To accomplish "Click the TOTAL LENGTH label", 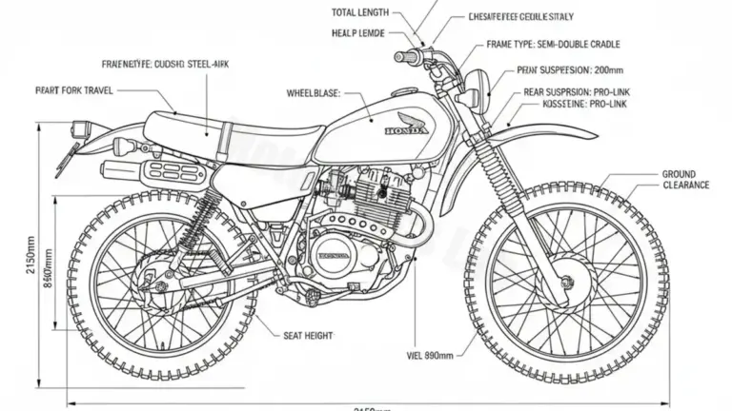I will click(360, 12).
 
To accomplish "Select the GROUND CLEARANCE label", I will click(684, 180).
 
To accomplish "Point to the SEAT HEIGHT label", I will click(308, 335).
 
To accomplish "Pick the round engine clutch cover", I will click(334, 257).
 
